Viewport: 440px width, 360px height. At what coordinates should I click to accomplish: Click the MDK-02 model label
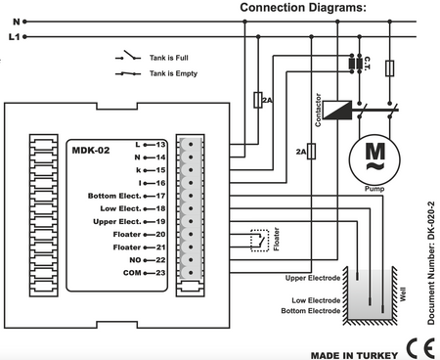click(x=91, y=151)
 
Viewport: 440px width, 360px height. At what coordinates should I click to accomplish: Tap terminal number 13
click(x=160, y=145)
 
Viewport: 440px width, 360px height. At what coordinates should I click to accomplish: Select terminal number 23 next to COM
click(x=160, y=273)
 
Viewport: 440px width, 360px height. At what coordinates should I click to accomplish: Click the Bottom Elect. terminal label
click(x=114, y=196)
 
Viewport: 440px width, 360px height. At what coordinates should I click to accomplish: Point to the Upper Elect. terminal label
click(x=117, y=221)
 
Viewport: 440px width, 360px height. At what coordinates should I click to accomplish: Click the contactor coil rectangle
click(x=337, y=110)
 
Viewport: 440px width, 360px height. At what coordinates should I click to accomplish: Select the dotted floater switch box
click(x=260, y=241)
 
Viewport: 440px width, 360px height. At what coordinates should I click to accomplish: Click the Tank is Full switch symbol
click(x=128, y=56)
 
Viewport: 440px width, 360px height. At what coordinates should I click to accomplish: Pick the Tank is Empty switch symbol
click(x=128, y=73)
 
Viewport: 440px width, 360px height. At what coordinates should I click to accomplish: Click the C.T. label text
click(x=367, y=64)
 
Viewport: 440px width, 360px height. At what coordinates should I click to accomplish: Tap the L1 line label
click(x=14, y=37)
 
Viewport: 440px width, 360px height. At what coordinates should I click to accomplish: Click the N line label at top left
click(x=17, y=22)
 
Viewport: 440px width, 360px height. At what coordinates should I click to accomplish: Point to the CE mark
click(x=420, y=348)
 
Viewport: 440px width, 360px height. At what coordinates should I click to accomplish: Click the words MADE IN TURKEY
click(x=354, y=355)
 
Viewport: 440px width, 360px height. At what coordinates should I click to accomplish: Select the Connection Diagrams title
click(x=303, y=8)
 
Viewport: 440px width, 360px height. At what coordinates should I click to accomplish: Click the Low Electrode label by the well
click(x=316, y=300)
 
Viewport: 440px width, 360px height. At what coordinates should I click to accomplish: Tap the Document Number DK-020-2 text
click(x=431, y=263)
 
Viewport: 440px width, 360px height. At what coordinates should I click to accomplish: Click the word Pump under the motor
click(x=374, y=189)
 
